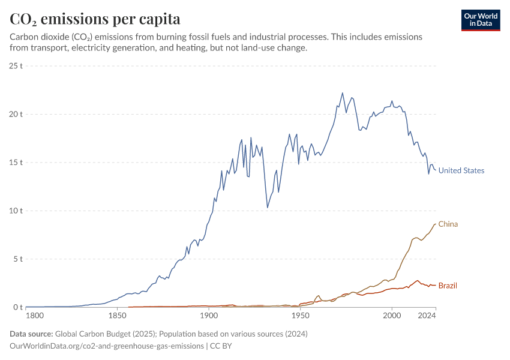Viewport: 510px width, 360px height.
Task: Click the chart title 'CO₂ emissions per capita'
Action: click(x=95, y=19)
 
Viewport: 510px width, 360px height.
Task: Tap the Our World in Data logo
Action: click(x=480, y=20)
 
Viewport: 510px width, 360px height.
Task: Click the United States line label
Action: click(x=461, y=170)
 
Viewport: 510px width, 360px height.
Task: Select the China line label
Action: click(x=448, y=224)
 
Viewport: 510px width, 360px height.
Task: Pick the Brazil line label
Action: click(x=448, y=286)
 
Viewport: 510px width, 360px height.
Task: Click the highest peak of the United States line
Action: click(x=343, y=93)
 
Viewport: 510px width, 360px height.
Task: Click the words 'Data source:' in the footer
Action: click(x=31, y=334)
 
